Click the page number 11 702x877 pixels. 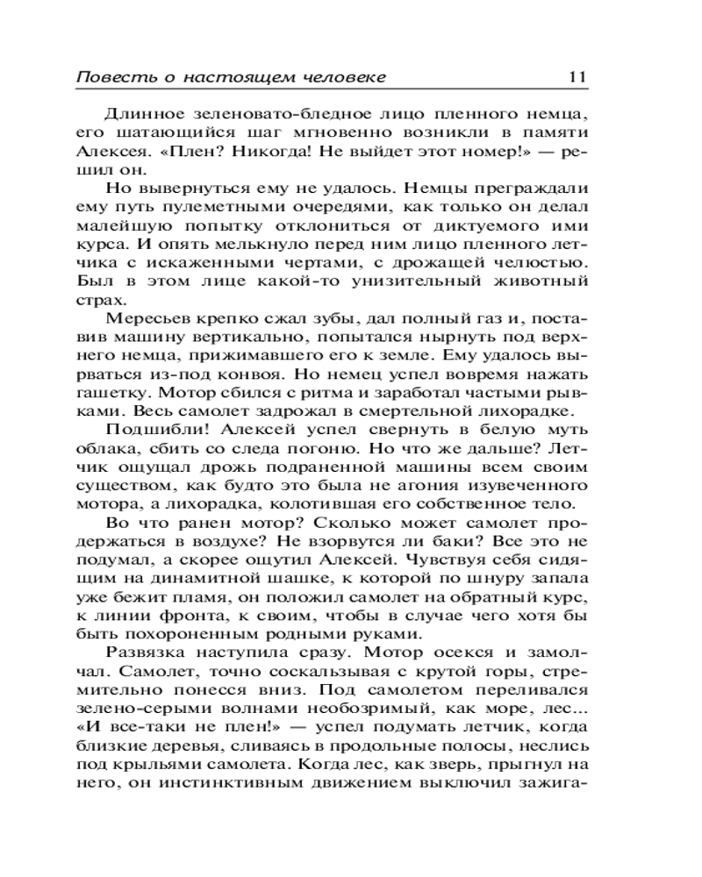577,76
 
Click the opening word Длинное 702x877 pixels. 142,113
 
